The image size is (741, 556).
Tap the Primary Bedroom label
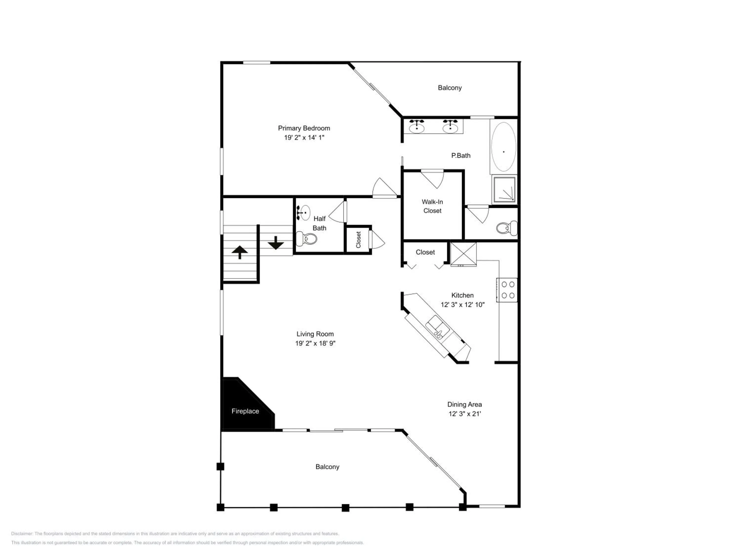[x=304, y=128]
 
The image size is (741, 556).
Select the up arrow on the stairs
[x=240, y=252]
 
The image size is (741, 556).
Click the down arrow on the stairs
[x=276, y=243]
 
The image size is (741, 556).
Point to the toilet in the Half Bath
[x=306, y=239]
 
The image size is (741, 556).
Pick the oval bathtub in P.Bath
[x=503, y=147]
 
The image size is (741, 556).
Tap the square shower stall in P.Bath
[x=504, y=189]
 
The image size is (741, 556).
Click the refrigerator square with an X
[x=463, y=254]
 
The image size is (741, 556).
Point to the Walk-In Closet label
[x=432, y=206]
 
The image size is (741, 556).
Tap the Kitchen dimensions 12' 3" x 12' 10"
[x=463, y=305]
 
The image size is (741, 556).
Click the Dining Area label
[x=464, y=405]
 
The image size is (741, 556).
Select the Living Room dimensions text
[x=315, y=343]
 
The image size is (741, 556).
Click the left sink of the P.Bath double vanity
[x=417, y=126]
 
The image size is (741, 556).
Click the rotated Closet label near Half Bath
[x=358, y=240]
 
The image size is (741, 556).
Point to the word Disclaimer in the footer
[x=22, y=534]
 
